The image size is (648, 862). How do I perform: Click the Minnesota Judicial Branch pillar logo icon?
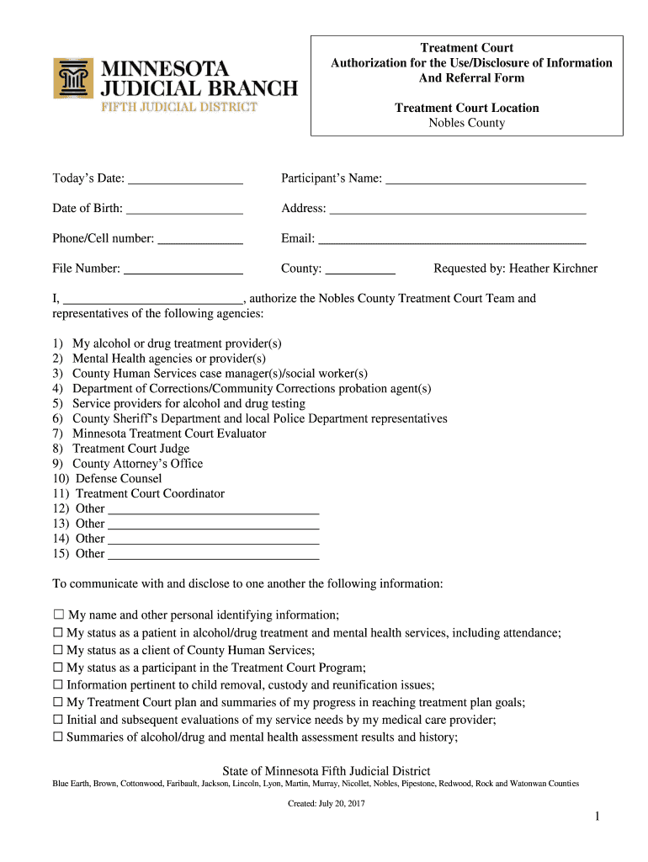pyautogui.click(x=73, y=78)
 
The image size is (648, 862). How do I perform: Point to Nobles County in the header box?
pyautogui.click(x=467, y=123)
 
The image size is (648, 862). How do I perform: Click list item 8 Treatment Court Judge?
pyautogui.click(x=130, y=449)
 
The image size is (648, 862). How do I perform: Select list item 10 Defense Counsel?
pyautogui.click(x=119, y=478)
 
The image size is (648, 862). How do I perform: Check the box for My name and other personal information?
pyautogui.click(x=58, y=615)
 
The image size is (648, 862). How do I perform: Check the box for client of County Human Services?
pyautogui.click(x=58, y=651)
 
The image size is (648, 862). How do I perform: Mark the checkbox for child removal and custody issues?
pyautogui.click(x=58, y=685)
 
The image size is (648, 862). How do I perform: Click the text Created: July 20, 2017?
pyautogui.click(x=326, y=803)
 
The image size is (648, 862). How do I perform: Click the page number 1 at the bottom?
pyautogui.click(x=595, y=817)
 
